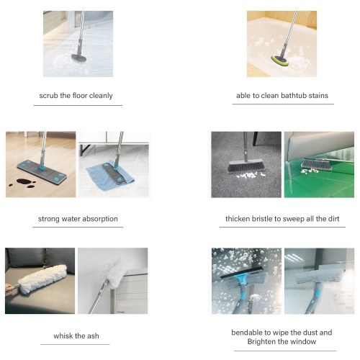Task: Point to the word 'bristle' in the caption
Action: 262,219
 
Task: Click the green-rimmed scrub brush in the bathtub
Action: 280,60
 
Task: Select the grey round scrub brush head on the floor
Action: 79,58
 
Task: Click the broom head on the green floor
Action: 316,164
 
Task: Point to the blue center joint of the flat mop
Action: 42,168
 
